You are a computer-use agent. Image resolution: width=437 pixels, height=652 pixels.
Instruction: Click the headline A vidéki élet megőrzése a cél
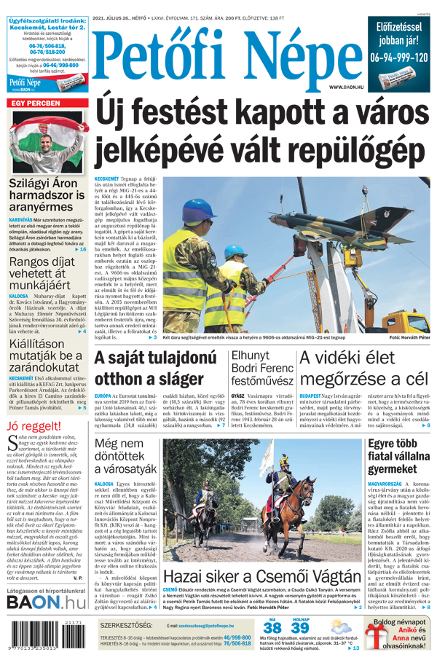[x=363, y=369]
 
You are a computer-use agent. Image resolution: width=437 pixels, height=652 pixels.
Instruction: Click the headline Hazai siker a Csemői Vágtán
[x=261, y=578]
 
